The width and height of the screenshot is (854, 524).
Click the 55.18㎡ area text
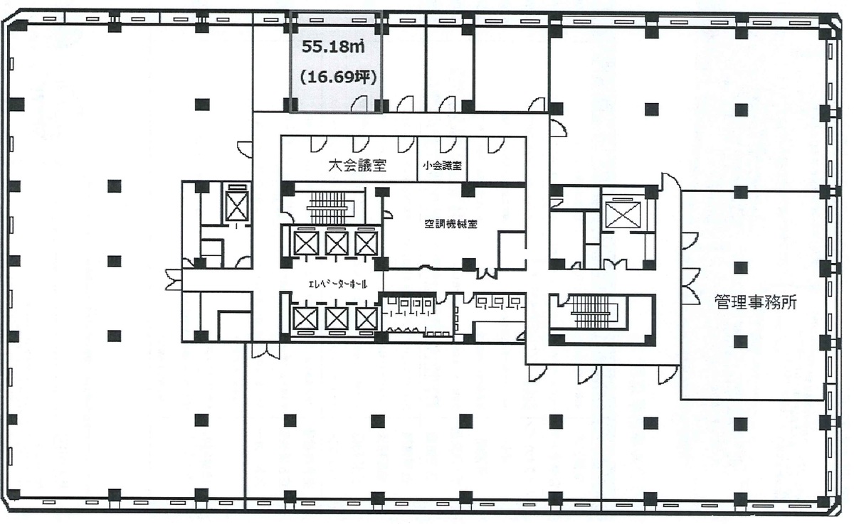333,47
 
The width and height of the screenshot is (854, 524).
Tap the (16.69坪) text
339,77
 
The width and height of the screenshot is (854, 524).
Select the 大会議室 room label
357,165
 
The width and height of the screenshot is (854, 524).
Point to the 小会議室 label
442,166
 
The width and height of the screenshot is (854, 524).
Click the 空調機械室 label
451,224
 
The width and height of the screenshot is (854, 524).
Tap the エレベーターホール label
338,284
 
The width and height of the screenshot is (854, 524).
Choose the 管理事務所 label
755,303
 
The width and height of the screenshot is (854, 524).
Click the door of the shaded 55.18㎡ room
359,105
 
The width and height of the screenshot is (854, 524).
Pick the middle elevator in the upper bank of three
337,243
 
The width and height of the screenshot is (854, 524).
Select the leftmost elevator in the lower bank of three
305,319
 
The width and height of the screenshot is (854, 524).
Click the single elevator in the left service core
237,206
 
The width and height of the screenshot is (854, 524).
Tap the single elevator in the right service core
623,215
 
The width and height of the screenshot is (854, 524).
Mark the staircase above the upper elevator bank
328,207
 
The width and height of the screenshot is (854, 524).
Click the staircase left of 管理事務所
594,311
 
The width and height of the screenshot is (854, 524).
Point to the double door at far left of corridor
174,280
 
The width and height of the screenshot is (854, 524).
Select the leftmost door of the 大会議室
318,144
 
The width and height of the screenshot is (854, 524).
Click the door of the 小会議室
448,144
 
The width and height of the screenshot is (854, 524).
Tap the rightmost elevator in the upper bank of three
367,243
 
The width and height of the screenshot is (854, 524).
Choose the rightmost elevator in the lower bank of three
367,319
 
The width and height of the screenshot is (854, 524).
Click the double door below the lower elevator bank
265,351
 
